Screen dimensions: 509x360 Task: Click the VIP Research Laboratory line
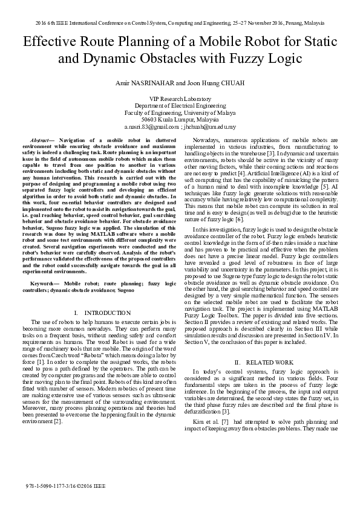point(180,98)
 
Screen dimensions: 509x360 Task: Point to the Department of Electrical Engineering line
point(180,105)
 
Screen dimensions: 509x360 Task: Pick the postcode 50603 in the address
point(149,120)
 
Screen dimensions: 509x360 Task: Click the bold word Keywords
point(45,283)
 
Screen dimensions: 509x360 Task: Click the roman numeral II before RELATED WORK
point(238,362)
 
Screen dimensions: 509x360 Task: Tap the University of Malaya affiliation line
point(180,112)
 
